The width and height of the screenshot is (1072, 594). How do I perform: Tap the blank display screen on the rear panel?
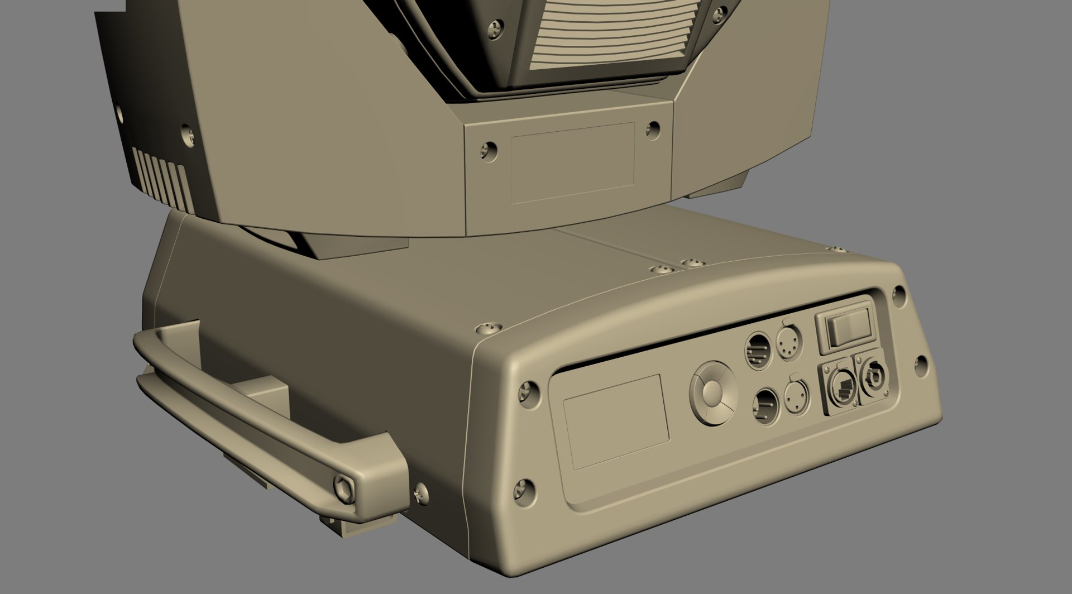point(616,421)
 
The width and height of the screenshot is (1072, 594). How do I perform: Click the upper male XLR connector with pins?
point(758,350)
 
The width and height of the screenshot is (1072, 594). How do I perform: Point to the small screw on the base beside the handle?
point(421,492)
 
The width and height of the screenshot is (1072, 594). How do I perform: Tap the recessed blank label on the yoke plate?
point(573,163)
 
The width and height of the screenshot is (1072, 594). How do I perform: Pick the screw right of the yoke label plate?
point(652,128)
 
